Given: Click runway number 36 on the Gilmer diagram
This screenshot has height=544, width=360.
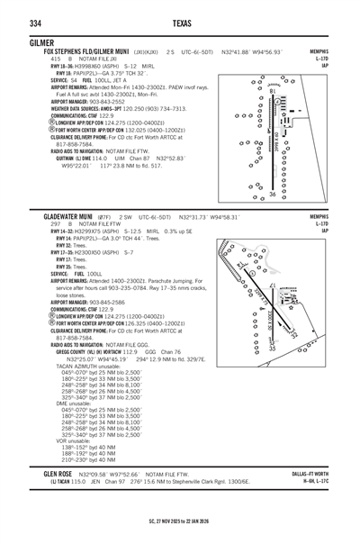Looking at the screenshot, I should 273,194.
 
